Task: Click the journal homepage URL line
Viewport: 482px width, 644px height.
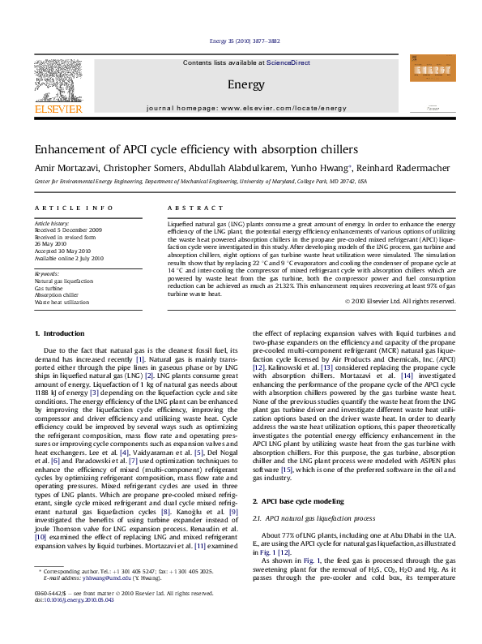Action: point(245,107)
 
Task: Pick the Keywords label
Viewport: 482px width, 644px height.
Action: point(47,274)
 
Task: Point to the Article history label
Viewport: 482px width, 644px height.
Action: point(52,221)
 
